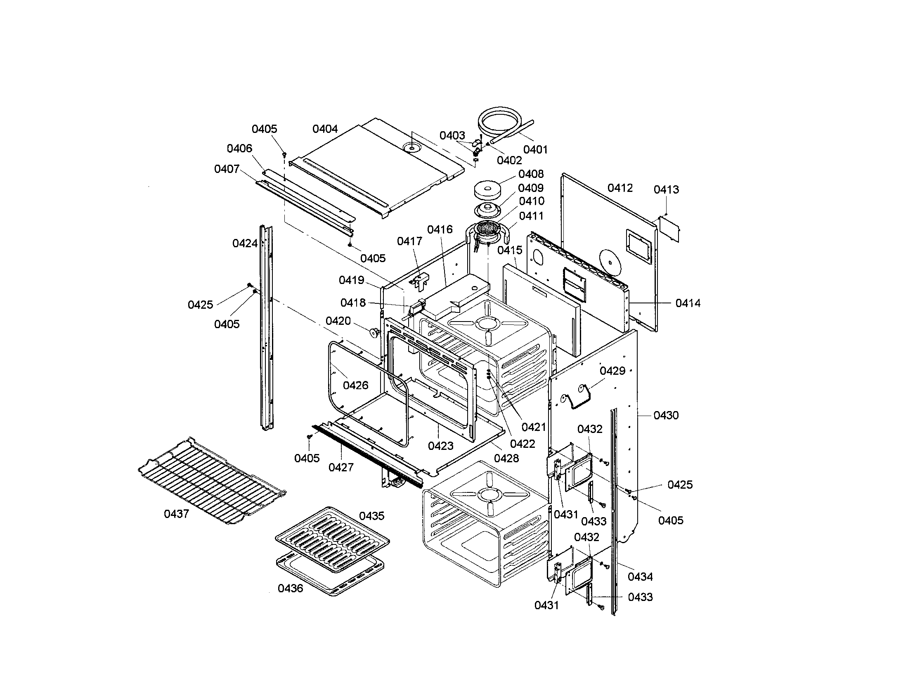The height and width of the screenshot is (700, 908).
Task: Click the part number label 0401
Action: (535, 149)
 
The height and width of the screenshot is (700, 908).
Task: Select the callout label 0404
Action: (325, 129)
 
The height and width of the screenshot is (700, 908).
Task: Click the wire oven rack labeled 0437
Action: (212, 480)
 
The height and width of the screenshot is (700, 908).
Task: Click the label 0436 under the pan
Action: (290, 589)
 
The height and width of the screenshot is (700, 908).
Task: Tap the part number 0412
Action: (620, 188)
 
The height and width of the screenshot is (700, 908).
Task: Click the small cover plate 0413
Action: (669, 229)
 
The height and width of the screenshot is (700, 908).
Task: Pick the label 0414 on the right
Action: (688, 303)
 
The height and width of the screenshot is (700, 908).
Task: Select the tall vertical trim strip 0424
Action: (266, 329)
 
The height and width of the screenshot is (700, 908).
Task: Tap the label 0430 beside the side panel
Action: (666, 415)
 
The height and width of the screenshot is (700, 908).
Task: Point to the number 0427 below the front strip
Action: (340, 468)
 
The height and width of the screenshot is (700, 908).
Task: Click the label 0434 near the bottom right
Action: (640, 577)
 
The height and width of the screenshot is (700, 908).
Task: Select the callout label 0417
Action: (409, 241)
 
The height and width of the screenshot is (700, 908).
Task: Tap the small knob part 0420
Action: (376, 332)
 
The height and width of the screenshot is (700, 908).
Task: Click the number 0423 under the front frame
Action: (440, 446)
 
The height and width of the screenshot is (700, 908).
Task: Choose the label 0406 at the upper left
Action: (239, 149)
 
